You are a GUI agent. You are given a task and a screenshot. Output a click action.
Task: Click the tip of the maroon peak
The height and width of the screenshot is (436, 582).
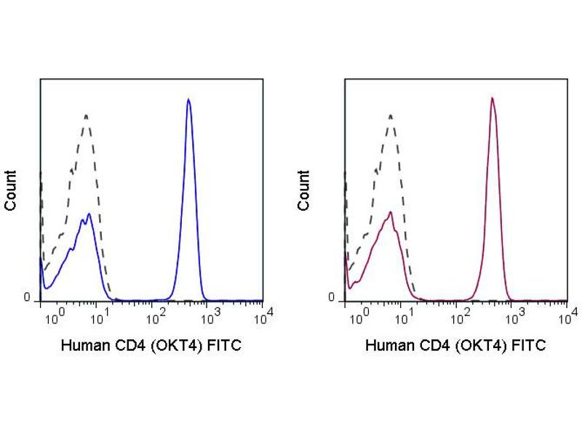[x=493, y=98]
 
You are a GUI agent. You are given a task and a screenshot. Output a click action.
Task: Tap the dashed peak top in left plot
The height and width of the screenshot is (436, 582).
[x=87, y=115]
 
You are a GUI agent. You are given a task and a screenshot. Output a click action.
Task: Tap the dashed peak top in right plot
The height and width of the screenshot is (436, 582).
[x=391, y=115]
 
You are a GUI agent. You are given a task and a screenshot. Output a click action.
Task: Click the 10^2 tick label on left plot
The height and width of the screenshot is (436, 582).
[x=157, y=316]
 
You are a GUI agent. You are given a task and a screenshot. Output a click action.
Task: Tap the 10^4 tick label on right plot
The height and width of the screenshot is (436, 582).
[x=569, y=315]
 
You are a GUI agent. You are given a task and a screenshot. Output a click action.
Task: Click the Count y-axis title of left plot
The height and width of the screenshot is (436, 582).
[x=11, y=190]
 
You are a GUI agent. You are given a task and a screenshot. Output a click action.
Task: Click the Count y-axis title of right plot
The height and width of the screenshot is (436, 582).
[x=303, y=190]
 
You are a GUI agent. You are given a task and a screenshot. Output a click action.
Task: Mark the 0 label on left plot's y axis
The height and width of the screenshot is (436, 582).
[x=27, y=298]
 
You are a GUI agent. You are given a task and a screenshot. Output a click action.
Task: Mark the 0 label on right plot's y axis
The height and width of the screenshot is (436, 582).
[x=332, y=298]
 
